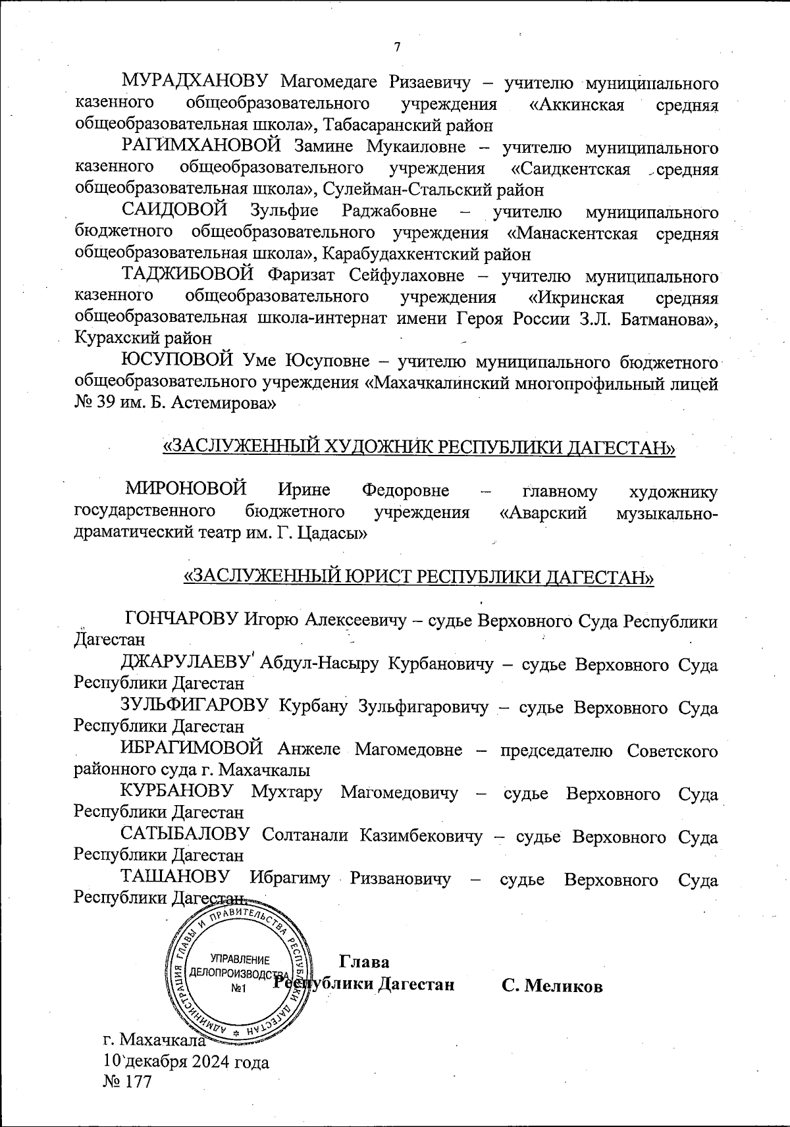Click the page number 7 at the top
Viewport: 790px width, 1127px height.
tap(396, 47)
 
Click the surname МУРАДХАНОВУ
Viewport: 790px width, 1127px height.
tap(194, 83)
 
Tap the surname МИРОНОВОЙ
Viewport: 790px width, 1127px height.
tap(186, 490)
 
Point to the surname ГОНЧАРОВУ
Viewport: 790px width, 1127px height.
tap(181, 620)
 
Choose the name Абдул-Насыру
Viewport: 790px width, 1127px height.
tap(320, 664)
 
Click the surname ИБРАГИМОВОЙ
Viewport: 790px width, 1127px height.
tap(192, 749)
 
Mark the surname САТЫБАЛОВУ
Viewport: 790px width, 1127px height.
tap(185, 836)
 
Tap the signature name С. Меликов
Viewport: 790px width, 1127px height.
tap(552, 985)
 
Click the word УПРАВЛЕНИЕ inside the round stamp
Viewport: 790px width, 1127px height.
tap(239, 959)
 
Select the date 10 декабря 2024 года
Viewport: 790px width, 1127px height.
tap(186, 1061)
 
